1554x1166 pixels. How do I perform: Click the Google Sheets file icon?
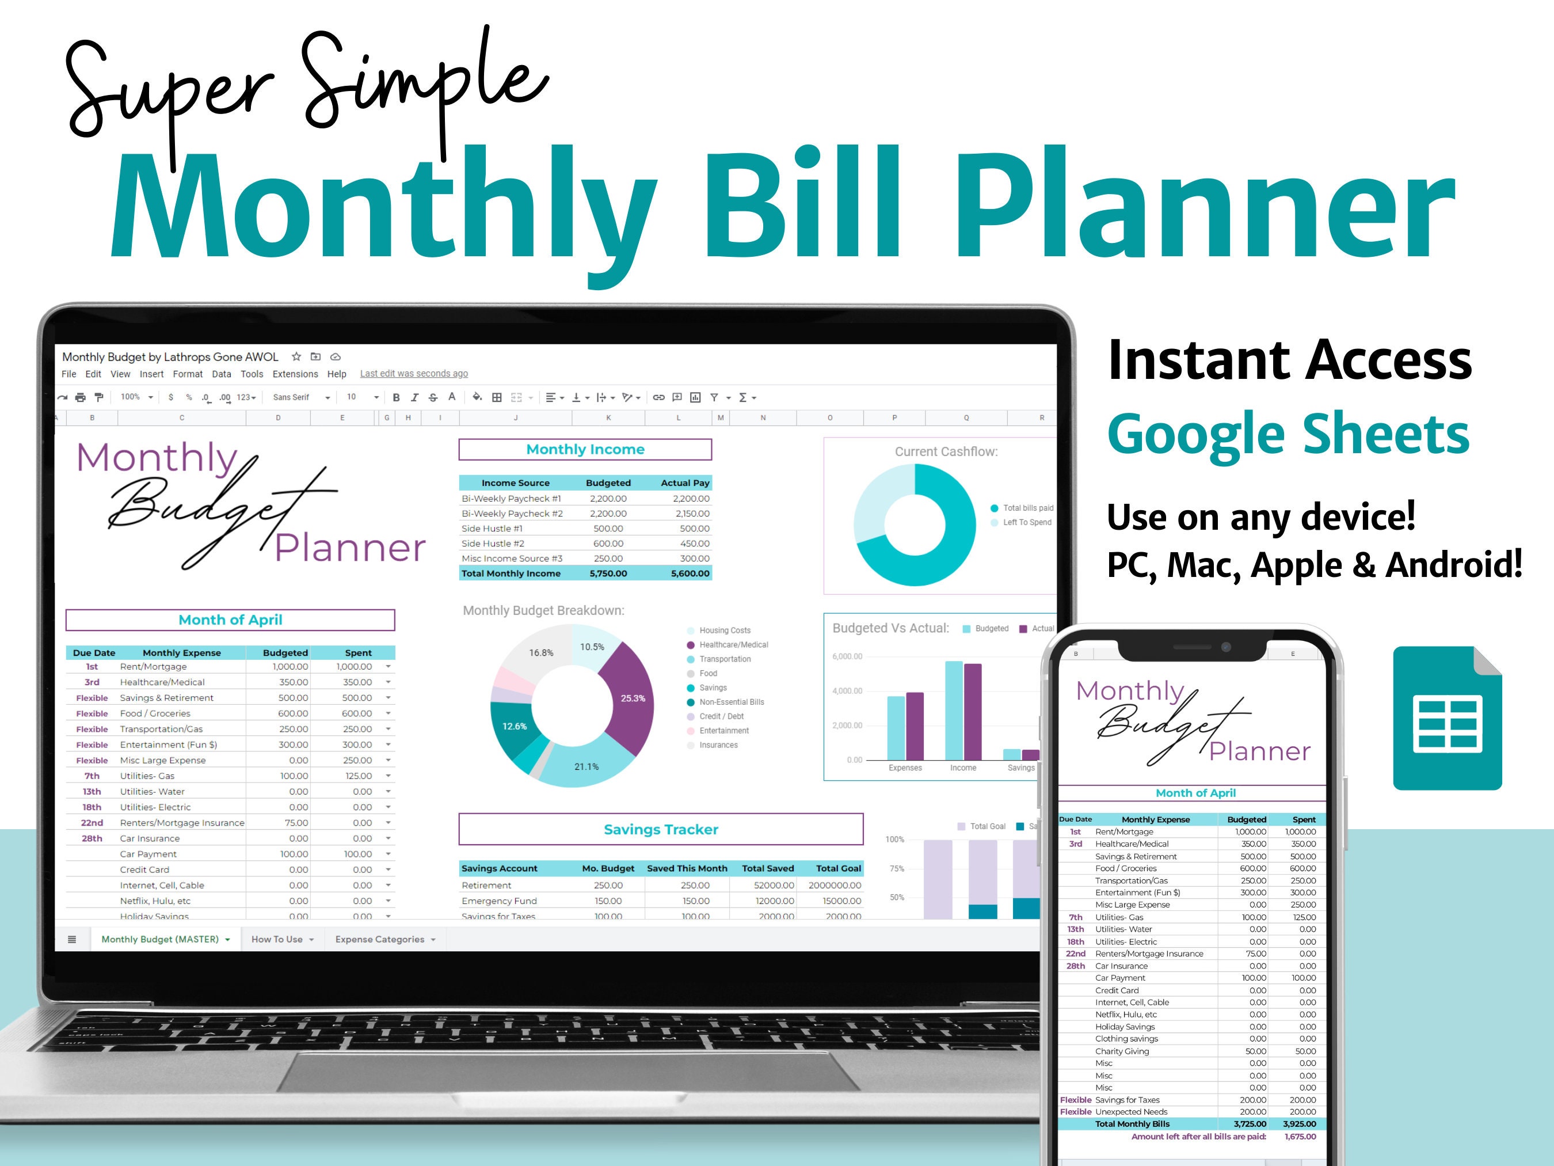pos(1446,717)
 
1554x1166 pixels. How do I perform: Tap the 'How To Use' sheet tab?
pos(277,939)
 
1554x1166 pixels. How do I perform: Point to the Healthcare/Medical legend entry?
pos(733,644)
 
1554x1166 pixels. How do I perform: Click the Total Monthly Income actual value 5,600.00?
pos(690,573)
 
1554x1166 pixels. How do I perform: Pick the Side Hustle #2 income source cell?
pos(493,544)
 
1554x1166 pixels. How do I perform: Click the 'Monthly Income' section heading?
pos(585,449)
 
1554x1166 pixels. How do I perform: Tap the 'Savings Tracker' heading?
pos(660,829)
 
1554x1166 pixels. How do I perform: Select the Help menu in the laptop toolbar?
pos(337,374)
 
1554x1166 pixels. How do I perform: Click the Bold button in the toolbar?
pos(396,398)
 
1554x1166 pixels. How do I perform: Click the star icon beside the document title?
pos(296,356)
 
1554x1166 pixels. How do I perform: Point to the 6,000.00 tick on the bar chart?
pos(847,656)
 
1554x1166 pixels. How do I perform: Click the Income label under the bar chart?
pos(962,768)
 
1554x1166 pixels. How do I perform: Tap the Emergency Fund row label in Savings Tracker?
pos(499,901)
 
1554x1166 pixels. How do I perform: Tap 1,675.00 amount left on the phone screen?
pos(1300,1137)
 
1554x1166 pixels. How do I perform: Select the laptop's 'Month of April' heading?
pos(230,620)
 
